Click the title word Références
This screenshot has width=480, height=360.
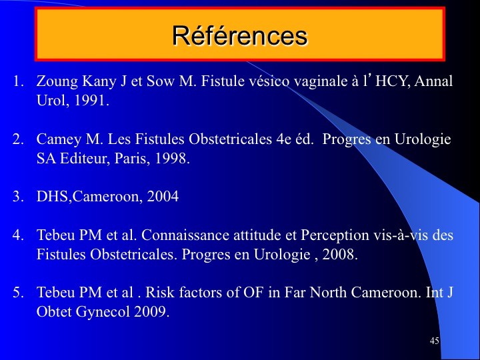240,35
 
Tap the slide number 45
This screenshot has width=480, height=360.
435,341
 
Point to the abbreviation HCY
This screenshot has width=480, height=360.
393,81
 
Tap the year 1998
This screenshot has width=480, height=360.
171,158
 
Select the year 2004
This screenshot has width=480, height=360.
163,196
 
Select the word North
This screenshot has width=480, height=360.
328,293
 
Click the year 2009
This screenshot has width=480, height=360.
150,311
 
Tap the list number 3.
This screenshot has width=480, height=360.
17,197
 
